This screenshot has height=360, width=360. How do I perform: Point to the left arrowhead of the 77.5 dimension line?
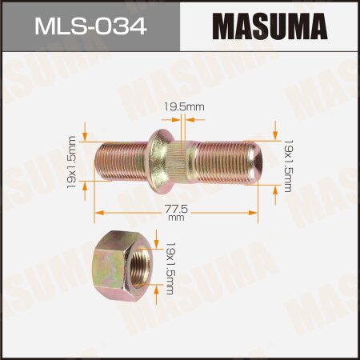pos(98,213)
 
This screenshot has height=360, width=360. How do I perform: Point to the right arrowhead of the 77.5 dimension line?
pos(256,213)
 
